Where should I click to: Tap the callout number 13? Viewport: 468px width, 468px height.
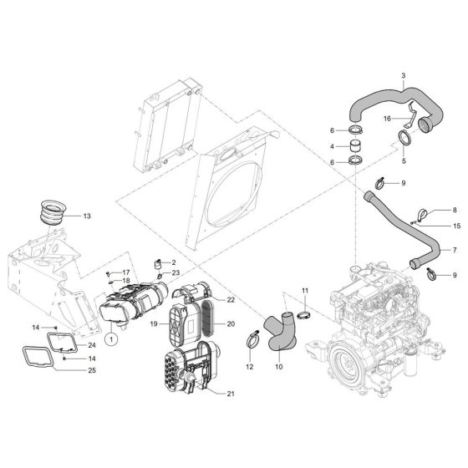89,216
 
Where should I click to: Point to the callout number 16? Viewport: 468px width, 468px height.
386,120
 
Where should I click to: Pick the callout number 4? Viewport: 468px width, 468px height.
333,147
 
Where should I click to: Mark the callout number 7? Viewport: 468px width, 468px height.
455,250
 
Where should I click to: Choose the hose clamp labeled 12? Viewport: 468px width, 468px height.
250,340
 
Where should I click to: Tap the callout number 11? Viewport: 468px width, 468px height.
305,290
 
